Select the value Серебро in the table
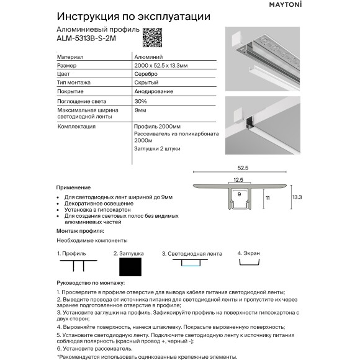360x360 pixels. [145, 74]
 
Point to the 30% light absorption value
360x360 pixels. [140, 101]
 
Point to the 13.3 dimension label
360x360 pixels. [296, 197]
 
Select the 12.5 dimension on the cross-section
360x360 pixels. [239, 179]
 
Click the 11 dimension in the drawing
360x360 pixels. [268, 197]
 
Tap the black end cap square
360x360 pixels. [129, 268]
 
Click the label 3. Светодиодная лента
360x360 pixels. [191, 254]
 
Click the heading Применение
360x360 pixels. [73, 187]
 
